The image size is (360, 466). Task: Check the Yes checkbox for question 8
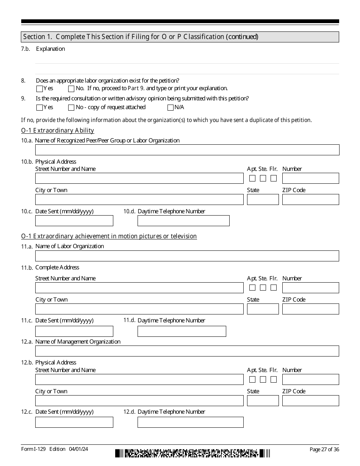39,89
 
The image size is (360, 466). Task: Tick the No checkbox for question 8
71,89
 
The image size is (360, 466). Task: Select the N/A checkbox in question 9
170,108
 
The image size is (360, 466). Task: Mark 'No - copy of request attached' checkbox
71,108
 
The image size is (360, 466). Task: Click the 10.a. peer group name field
187,150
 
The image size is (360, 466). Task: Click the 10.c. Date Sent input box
74,220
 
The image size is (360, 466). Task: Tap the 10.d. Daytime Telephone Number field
183,220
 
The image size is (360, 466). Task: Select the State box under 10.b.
263,200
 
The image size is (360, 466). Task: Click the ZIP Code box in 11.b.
310,309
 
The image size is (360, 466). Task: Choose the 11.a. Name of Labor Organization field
187,256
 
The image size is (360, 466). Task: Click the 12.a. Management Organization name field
187,351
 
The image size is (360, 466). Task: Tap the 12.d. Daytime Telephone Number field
190,422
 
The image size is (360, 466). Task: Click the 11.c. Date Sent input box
74,331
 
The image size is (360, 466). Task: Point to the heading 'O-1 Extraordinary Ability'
58,131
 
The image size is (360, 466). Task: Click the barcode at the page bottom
193,453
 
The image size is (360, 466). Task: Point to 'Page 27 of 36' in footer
324,449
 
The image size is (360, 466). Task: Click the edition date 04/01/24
79,449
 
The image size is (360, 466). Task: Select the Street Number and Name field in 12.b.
139,379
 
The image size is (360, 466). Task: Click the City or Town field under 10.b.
139,200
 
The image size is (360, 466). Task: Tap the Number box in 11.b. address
310,288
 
